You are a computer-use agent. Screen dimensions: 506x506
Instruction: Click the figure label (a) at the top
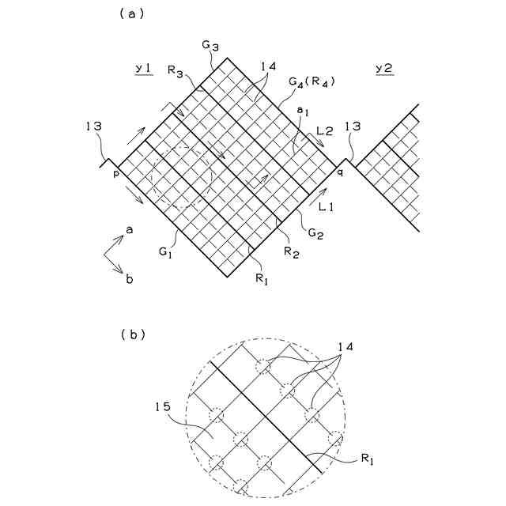pyautogui.click(x=131, y=13)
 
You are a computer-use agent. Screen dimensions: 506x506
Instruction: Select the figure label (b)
pyautogui.click(x=131, y=334)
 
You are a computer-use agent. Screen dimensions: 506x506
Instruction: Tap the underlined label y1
pyautogui.click(x=143, y=70)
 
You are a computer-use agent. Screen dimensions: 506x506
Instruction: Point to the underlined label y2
pyautogui.click(x=384, y=70)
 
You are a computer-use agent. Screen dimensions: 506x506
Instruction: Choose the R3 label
pyautogui.click(x=176, y=70)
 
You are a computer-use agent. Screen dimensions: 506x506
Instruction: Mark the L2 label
pyautogui.click(x=324, y=129)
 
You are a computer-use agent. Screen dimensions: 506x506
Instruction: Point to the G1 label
pyautogui.click(x=165, y=253)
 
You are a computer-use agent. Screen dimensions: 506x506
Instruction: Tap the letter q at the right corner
pyautogui.click(x=340, y=171)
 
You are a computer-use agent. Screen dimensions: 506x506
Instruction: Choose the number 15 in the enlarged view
pyautogui.click(x=163, y=408)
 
